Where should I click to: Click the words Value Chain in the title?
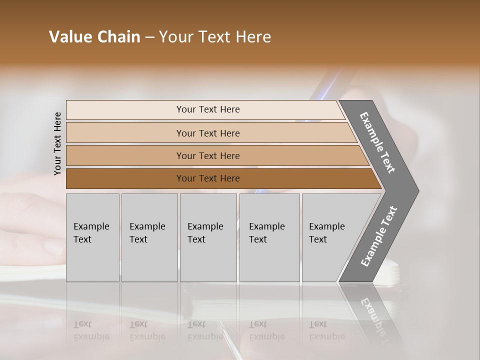coord(94,37)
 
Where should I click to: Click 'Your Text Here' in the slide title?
coord(215,37)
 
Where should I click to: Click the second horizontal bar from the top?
coord(207,133)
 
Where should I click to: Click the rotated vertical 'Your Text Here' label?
coord(57,143)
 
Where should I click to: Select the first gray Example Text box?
coord(92,237)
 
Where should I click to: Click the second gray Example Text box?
coord(149,237)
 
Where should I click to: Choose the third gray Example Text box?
coord(208,237)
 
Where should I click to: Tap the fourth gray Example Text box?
coord(269,237)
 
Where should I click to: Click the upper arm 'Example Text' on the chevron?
coord(377,142)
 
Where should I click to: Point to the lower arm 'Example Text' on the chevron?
coord(379,236)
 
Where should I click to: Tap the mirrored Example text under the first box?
coord(91,330)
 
